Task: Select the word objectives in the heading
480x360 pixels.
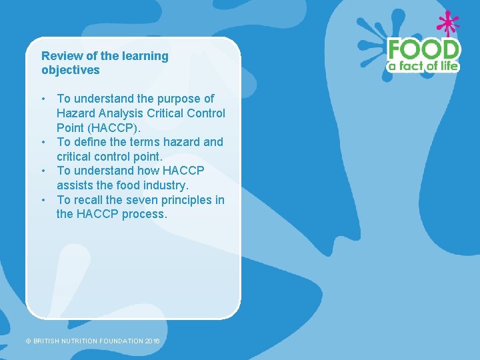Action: (x=70, y=70)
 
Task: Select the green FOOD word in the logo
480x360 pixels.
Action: (x=424, y=50)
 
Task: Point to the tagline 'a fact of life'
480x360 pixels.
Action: (x=424, y=66)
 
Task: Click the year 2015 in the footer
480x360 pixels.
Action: (x=153, y=341)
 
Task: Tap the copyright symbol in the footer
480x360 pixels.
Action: (x=29, y=341)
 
